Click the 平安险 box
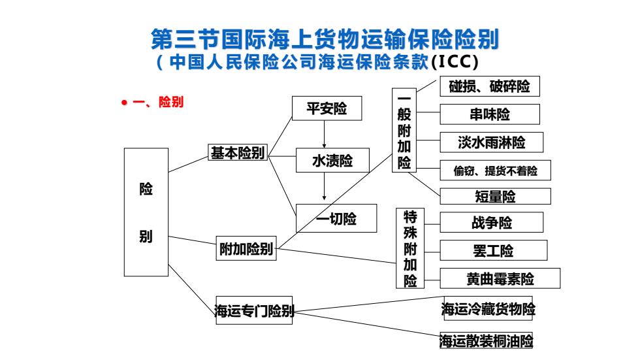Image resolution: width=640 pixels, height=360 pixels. pos(327,108)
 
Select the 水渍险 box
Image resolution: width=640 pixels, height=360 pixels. pos(332,161)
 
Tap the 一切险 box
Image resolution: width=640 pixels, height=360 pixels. pos(336,218)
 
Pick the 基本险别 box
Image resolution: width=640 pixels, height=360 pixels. pos(238,152)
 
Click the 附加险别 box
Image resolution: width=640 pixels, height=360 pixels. pos(246,248)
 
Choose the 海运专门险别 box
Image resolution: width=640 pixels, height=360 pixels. pos(254,310)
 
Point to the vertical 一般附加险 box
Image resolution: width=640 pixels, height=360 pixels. pos(404,130)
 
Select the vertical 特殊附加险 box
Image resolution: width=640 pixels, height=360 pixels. pos(410,248)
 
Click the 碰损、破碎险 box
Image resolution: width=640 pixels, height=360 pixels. pos(490,86)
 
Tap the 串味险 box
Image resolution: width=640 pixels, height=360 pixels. pos(490,114)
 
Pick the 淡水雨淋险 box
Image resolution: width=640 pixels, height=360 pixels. pos(491,142)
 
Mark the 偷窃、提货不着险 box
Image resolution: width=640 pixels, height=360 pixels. pos(495,171)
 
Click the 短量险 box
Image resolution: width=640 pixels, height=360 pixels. pos(495,196)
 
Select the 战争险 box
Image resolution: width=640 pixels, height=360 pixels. pos(491,222)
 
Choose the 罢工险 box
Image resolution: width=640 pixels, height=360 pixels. pos(494,250)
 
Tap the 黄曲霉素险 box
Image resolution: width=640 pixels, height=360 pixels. pos(500,278)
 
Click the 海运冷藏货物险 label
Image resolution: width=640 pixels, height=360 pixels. pos(488,308)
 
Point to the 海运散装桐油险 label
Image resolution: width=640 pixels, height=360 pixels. pos(486,340)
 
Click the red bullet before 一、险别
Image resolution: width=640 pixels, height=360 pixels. pos(124,103)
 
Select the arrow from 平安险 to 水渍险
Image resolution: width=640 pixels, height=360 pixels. pos(324,135)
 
